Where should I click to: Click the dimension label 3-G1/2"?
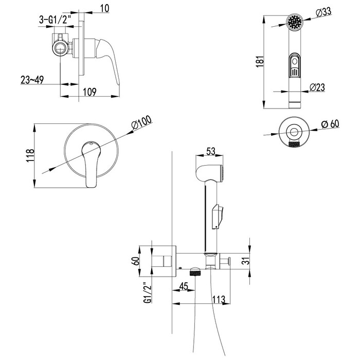pyautogui.click(x=53, y=20)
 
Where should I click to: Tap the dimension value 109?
pyautogui.click(x=89, y=92)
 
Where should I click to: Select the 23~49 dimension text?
pyautogui.click(x=32, y=80)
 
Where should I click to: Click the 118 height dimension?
pyautogui.click(x=30, y=156)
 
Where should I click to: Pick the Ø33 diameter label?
pyautogui.click(x=323, y=12)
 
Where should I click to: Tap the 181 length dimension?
pyautogui.click(x=260, y=62)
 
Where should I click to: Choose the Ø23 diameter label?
pyautogui.click(x=317, y=87)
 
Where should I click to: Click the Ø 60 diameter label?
pyautogui.click(x=330, y=124)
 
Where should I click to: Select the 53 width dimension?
pyautogui.click(x=211, y=151)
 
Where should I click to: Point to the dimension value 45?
pyautogui.click(x=184, y=286)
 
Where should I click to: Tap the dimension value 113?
pyautogui.click(x=219, y=299)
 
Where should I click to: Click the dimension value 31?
pyautogui.click(x=246, y=261)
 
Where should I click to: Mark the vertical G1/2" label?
pyautogui.click(x=148, y=293)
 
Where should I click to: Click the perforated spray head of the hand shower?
pyautogui.click(x=295, y=22)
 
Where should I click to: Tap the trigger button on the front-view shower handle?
pyautogui.click(x=294, y=65)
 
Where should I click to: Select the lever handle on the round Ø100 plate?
pyautogui.click(x=91, y=165)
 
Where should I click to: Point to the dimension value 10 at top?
pyautogui.click(x=105, y=9)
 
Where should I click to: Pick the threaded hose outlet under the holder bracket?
pyautogui.click(x=195, y=272)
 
